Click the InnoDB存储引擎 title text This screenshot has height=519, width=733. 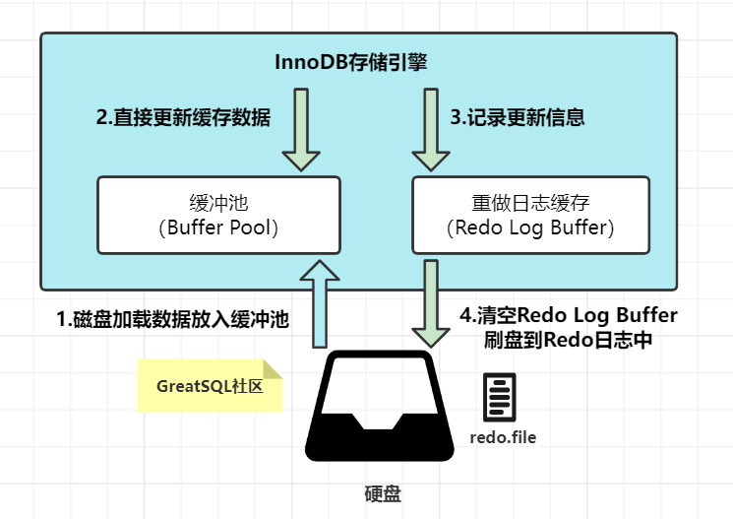[349, 62]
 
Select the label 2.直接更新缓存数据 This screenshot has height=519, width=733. [183, 117]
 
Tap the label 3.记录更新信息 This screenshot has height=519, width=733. [518, 117]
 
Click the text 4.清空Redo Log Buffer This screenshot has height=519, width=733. [569, 316]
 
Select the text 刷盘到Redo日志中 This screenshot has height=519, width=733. [569, 341]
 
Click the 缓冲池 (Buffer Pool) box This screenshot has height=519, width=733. [218, 216]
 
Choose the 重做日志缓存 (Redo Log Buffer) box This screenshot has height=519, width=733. [530, 216]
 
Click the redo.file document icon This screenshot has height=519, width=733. [500, 398]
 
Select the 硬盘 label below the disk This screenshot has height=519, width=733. [383, 491]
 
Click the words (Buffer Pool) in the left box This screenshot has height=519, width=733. [218, 228]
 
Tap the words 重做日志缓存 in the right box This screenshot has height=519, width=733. [530, 204]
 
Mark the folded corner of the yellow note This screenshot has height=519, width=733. [273, 369]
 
